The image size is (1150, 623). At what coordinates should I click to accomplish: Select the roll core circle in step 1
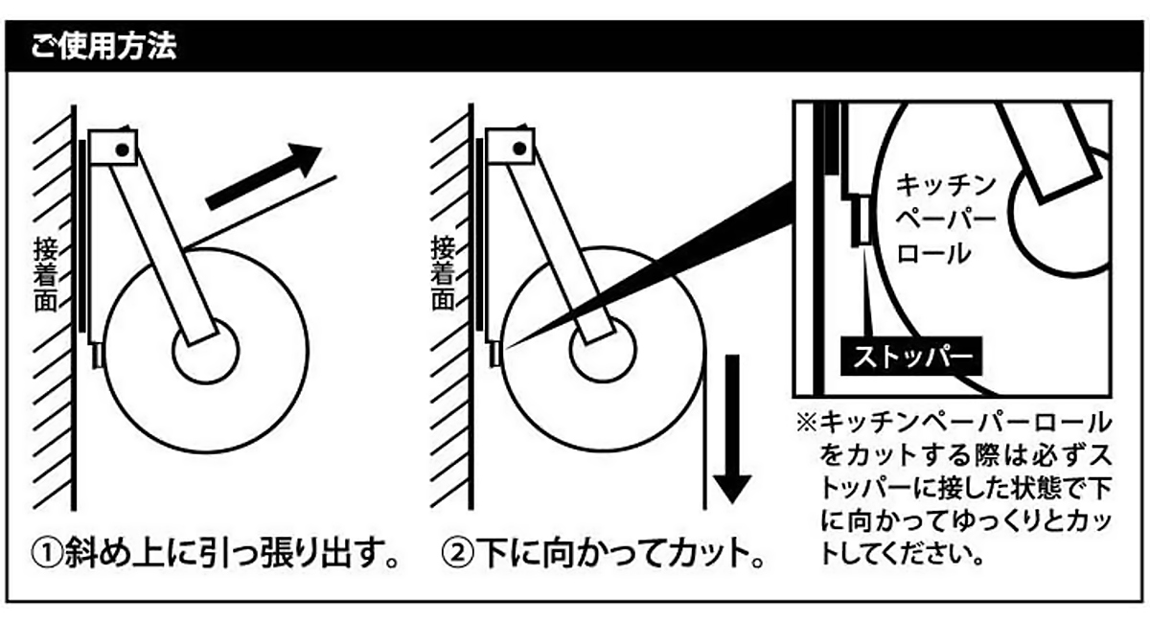(x=204, y=353)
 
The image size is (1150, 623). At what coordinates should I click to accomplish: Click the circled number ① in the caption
(x=47, y=554)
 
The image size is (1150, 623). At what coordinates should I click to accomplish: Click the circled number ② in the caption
(x=457, y=554)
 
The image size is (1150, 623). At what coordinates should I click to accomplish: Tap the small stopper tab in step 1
(x=97, y=357)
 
